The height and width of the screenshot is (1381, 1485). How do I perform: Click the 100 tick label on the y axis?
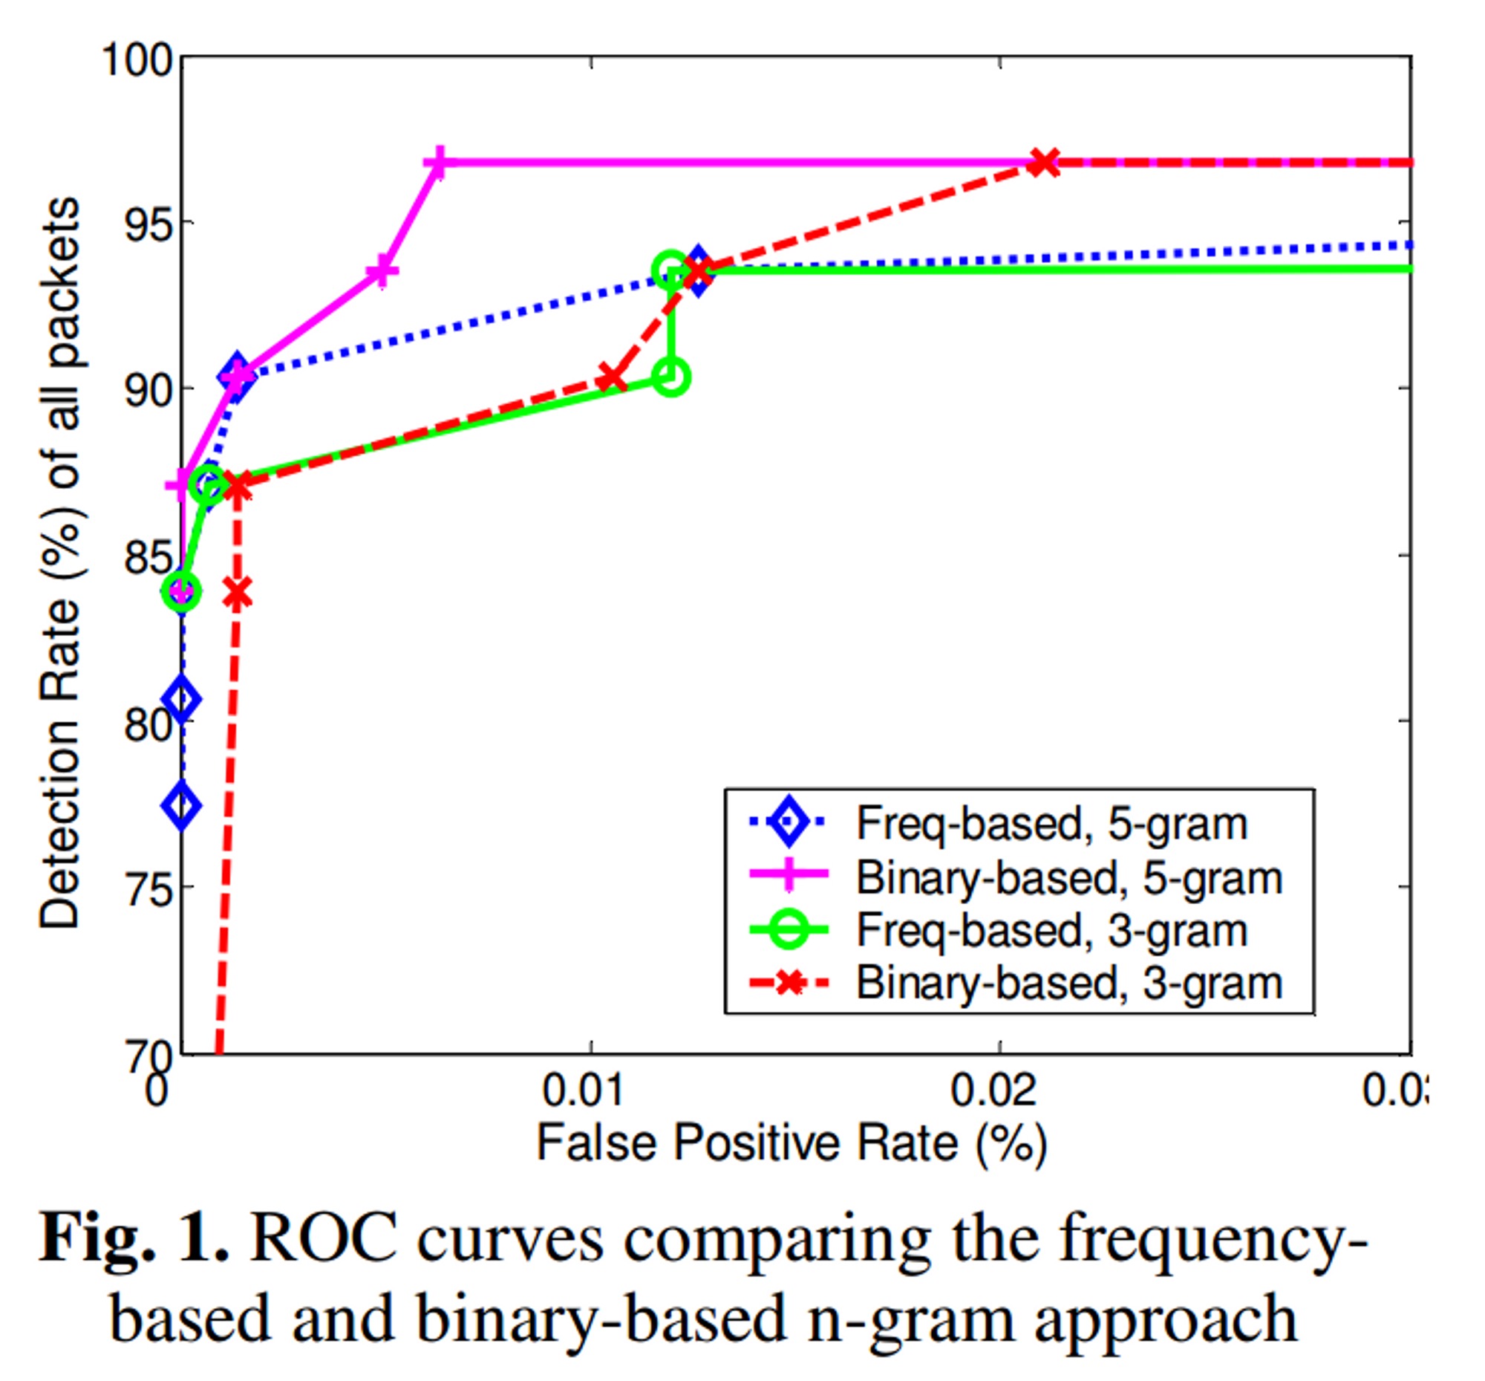pos(137,59)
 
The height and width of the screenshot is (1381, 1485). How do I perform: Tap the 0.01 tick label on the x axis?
pos(583,1091)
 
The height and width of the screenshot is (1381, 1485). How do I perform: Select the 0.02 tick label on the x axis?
pos(993,1091)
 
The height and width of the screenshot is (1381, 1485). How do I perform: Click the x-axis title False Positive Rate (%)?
pos(792,1143)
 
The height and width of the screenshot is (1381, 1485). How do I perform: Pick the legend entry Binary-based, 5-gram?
pos(1068,877)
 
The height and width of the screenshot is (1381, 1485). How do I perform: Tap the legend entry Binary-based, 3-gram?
pos(1068,984)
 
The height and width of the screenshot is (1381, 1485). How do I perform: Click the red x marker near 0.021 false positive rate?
pos(1043,162)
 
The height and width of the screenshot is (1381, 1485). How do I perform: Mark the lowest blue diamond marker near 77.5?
pos(181,805)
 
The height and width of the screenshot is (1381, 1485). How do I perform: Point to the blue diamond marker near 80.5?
pos(181,700)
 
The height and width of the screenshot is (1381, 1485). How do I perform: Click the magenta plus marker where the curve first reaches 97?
pos(439,162)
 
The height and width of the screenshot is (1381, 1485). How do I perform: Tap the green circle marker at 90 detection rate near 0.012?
pos(670,377)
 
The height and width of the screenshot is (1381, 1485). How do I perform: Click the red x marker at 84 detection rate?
pos(237,594)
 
